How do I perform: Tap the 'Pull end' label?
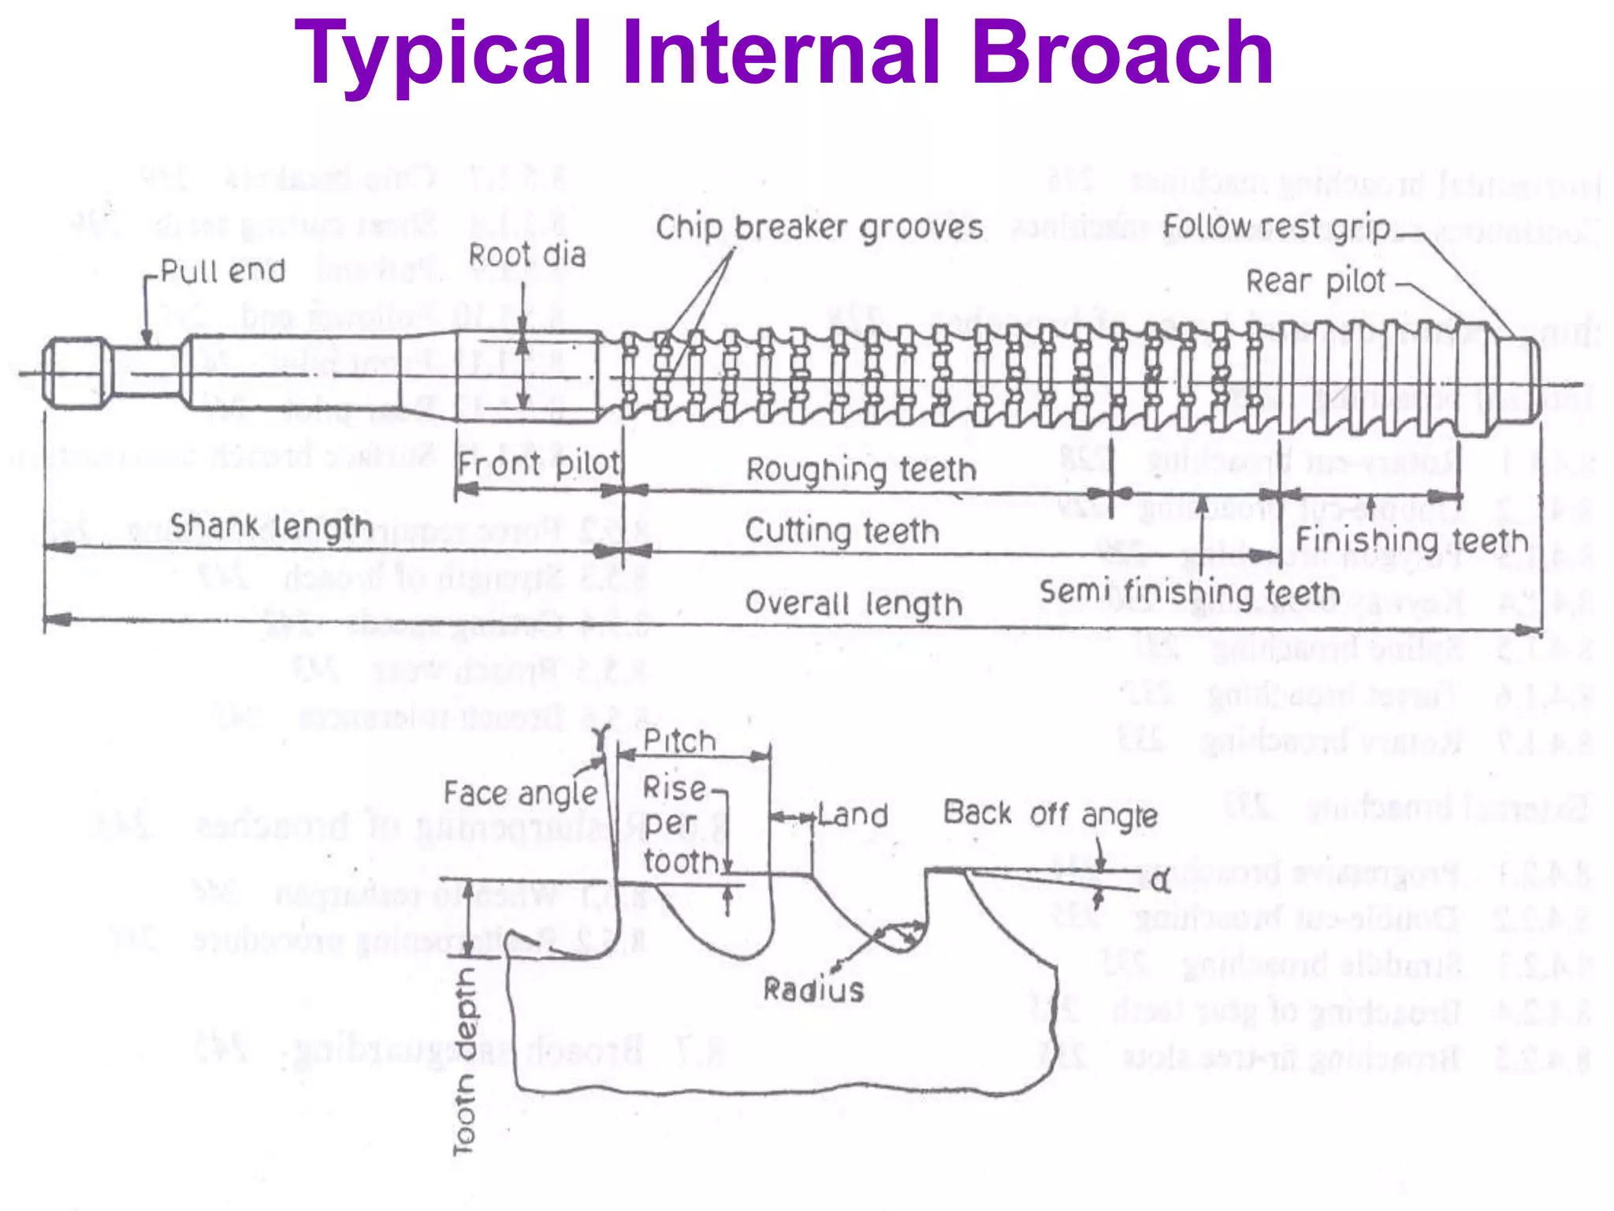click(223, 271)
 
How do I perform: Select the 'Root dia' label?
click(527, 255)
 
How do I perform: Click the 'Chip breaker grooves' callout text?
click(820, 228)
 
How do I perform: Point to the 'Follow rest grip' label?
click(1277, 226)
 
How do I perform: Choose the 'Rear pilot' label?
click(1315, 281)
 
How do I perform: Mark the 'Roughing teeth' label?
click(861, 470)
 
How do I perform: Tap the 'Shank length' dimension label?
click(271, 527)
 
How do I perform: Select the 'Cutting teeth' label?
click(842, 531)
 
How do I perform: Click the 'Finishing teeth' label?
click(1411, 541)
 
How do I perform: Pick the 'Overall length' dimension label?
click(853, 604)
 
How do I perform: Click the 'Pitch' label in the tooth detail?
click(679, 741)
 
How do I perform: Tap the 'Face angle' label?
click(521, 793)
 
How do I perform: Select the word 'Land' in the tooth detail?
click(853, 815)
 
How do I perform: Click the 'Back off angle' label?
click(1051, 814)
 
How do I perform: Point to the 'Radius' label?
click(813, 989)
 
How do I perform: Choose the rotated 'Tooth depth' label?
click(465, 1061)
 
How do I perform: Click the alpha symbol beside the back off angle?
click(1160, 881)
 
